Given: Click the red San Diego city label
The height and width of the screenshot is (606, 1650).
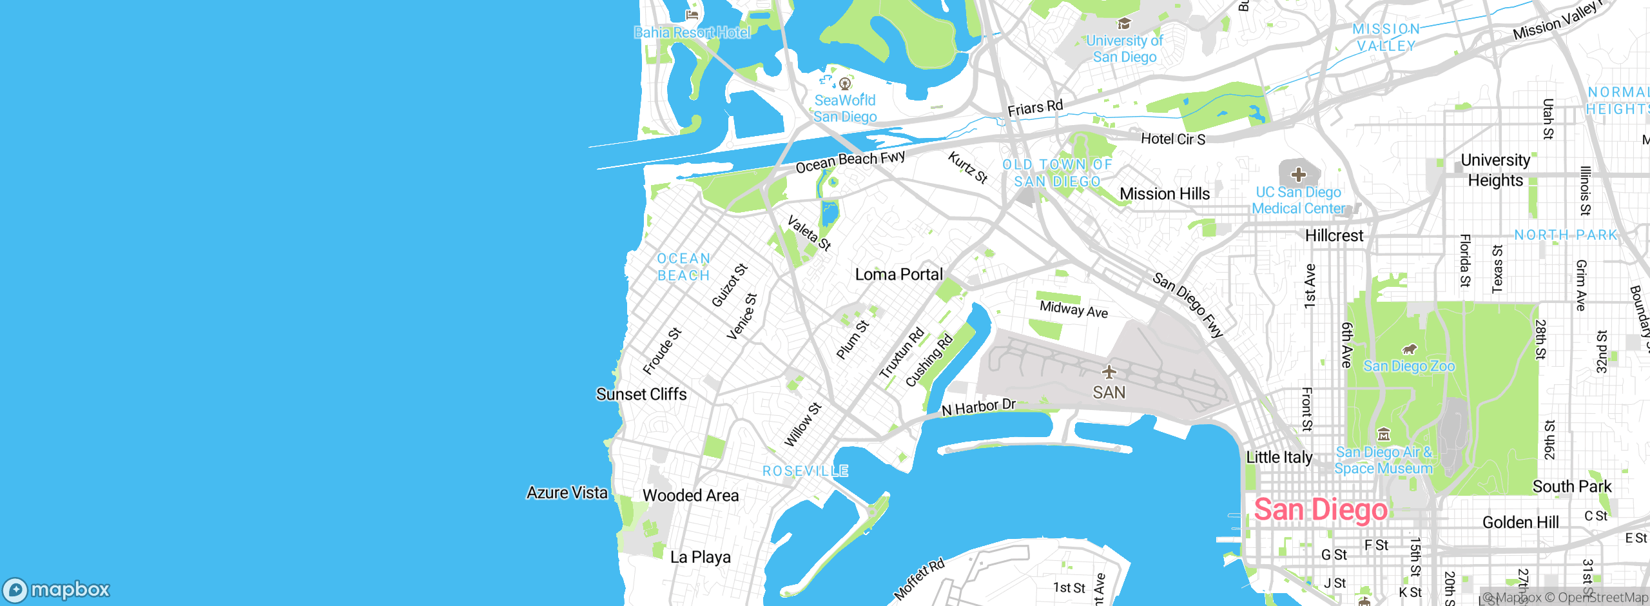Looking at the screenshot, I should [x=1320, y=510].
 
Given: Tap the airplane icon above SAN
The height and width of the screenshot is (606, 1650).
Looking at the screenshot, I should [x=1109, y=372].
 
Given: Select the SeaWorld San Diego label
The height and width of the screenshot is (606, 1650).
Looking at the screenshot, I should [x=845, y=108].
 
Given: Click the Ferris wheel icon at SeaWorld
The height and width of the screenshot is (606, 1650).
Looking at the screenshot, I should [x=845, y=83].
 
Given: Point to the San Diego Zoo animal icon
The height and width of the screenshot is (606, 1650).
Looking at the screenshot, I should [x=1410, y=349].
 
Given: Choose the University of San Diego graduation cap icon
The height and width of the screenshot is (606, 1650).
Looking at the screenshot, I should [x=1125, y=24].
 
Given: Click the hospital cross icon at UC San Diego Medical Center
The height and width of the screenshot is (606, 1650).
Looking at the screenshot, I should [x=1299, y=174].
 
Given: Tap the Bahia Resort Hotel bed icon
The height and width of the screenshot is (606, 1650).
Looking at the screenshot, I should [x=692, y=15].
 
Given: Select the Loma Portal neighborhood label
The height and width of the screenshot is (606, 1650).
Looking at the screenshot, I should [x=898, y=275].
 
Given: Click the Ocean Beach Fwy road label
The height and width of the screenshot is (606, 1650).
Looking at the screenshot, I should [x=850, y=162].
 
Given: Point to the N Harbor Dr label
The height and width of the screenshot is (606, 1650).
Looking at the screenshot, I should [x=978, y=407].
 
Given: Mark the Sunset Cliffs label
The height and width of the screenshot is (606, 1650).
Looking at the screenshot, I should [x=641, y=394].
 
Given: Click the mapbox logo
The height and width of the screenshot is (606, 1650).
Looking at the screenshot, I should [x=57, y=589].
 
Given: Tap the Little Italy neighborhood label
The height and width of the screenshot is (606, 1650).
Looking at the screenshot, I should [x=1279, y=457].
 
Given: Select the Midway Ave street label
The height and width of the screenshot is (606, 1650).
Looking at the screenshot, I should [x=1074, y=309].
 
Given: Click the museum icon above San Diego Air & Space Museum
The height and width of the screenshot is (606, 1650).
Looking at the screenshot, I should [x=1384, y=434].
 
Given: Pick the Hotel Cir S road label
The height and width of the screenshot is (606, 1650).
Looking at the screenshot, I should [x=1173, y=139].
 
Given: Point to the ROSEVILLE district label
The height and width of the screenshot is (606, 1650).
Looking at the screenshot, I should [x=806, y=471].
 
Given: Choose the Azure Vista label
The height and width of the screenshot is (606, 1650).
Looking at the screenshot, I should [x=567, y=493].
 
